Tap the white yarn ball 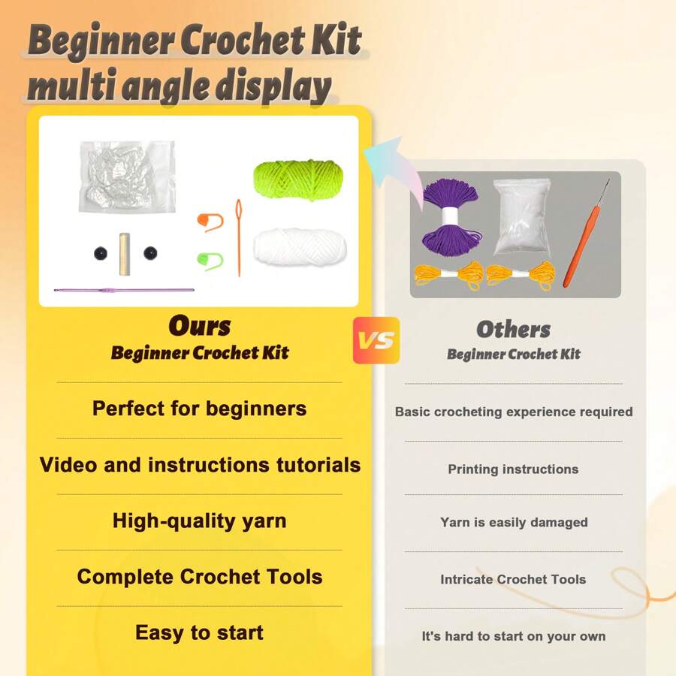300,246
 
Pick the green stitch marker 210,261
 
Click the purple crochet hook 124,290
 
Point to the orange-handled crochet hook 586,234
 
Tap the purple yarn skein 451,217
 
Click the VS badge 376,340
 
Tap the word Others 514,330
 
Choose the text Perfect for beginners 200,409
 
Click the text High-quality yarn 200,521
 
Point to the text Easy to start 200,633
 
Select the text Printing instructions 513,469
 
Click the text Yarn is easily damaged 514,523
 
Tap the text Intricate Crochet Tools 513,579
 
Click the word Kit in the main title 336,40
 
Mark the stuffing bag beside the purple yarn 522,217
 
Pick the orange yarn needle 238,237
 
